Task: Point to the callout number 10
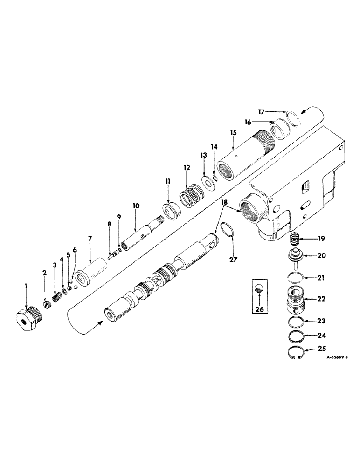coord(135,205)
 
